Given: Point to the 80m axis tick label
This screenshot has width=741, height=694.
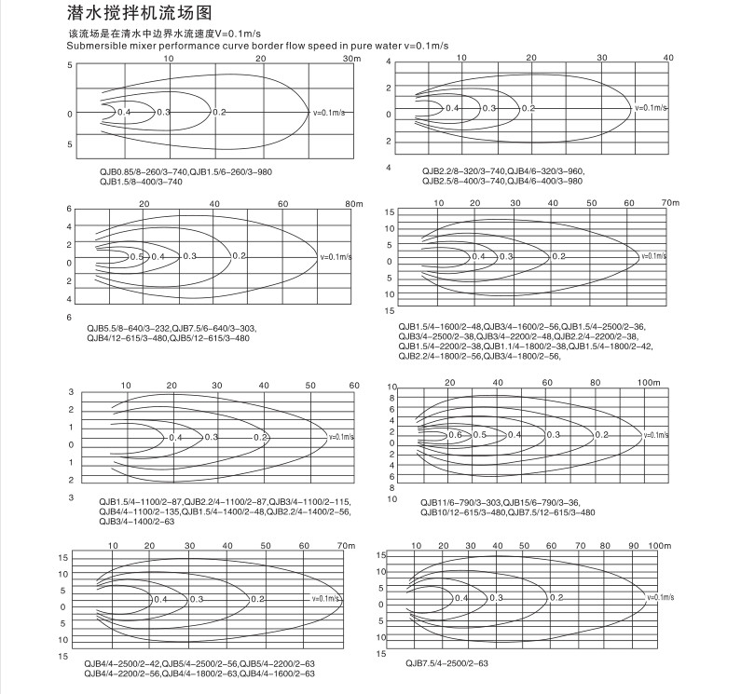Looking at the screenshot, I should [352, 203].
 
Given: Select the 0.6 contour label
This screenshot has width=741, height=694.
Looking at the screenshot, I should [455, 435].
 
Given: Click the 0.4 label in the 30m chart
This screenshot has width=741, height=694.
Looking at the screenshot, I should [125, 112].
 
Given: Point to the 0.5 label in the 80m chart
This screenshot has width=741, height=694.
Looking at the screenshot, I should [136, 256].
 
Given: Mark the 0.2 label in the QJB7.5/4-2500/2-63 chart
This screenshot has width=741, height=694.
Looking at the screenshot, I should [556, 598].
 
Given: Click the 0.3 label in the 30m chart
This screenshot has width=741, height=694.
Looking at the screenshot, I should [164, 112].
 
